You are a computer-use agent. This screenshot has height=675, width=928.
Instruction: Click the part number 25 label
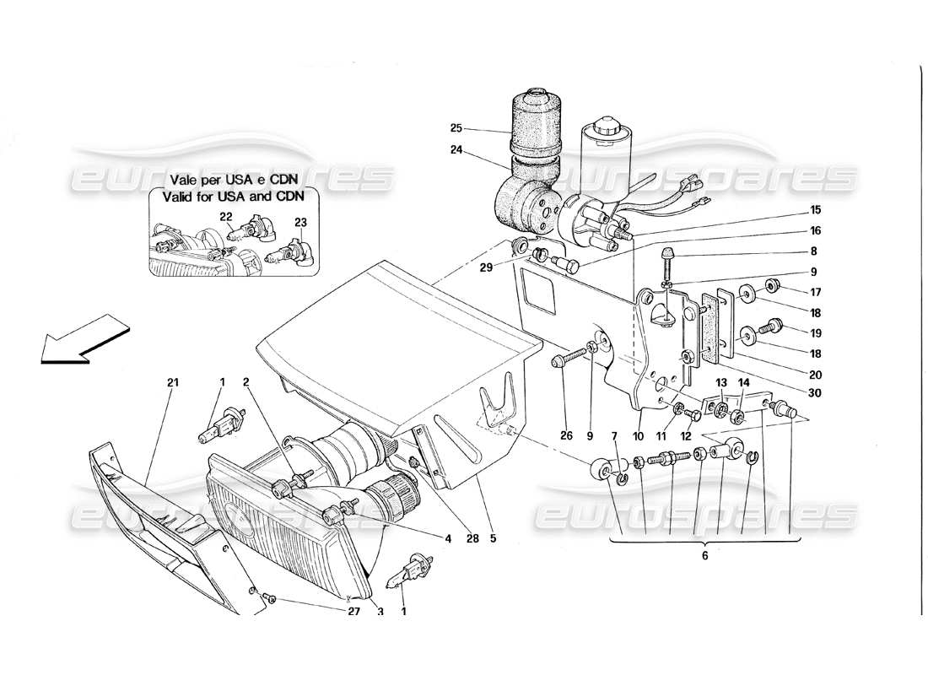point(456,129)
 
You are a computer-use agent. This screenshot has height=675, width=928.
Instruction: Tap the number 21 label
point(174,383)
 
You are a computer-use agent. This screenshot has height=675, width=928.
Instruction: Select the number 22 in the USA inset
point(225,217)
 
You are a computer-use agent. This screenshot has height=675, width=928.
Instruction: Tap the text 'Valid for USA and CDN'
point(227,196)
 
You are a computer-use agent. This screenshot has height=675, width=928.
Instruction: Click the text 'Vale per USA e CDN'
point(227,180)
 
